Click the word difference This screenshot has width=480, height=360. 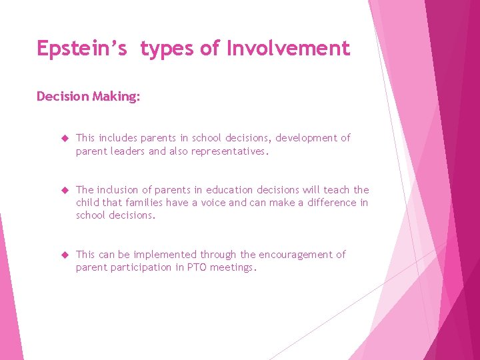331,203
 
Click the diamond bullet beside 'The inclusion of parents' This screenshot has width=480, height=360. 65,190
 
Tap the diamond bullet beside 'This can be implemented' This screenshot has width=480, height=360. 65,255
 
